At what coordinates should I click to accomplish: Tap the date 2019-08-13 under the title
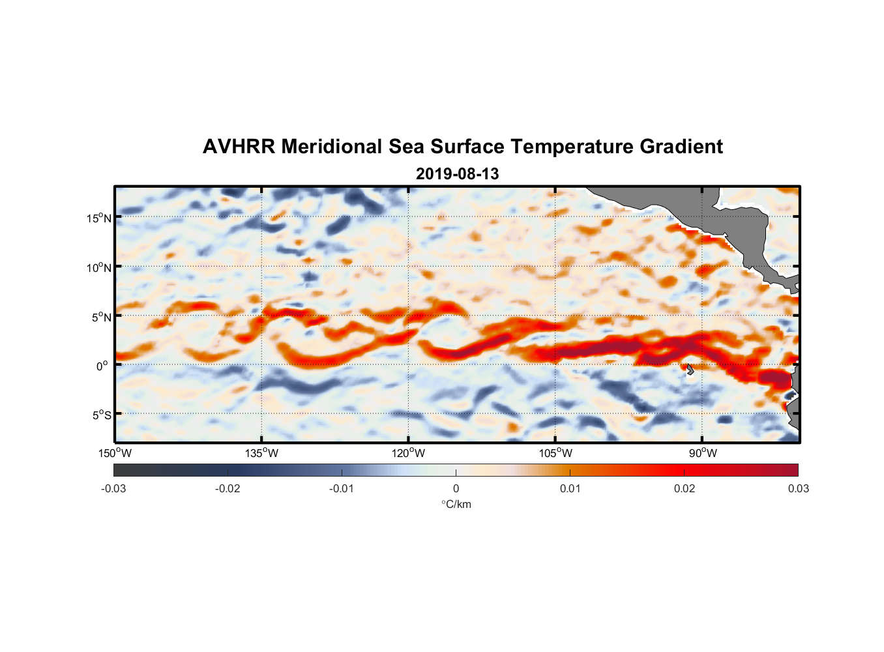[457, 174]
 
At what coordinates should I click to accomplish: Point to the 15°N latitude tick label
[99, 218]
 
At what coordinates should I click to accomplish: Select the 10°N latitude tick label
[99, 267]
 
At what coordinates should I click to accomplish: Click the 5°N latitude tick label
[101, 317]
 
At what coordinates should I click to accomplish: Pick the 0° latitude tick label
[103, 366]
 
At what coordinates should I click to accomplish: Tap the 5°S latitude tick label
[101, 415]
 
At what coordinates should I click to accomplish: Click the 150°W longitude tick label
[115, 453]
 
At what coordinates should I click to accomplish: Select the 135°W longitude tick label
[262, 453]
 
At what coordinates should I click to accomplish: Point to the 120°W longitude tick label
[409, 453]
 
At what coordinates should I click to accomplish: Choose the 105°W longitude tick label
[555, 453]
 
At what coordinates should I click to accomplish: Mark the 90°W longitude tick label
[702, 453]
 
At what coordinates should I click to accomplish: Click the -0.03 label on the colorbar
[113, 488]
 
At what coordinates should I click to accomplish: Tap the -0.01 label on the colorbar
[342, 488]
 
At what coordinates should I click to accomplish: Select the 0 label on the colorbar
[456, 488]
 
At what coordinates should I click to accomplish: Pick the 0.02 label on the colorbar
[685, 488]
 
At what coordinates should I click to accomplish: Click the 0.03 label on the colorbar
[798, 488]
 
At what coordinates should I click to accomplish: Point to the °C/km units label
[456, 504]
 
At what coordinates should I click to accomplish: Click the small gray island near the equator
[690, 369]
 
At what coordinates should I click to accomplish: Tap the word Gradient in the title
[681, 147]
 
